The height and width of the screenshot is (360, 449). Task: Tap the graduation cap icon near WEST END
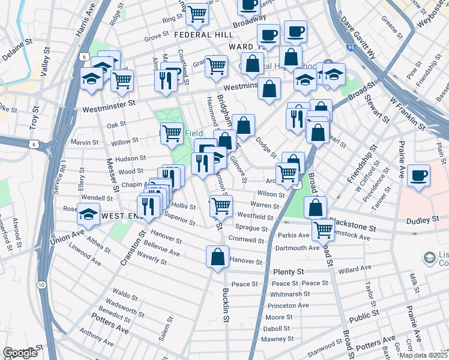click(x=89, y=215)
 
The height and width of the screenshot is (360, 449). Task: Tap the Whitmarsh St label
click(x=289, y=294)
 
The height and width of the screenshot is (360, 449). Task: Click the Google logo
click(x=20, y=353)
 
